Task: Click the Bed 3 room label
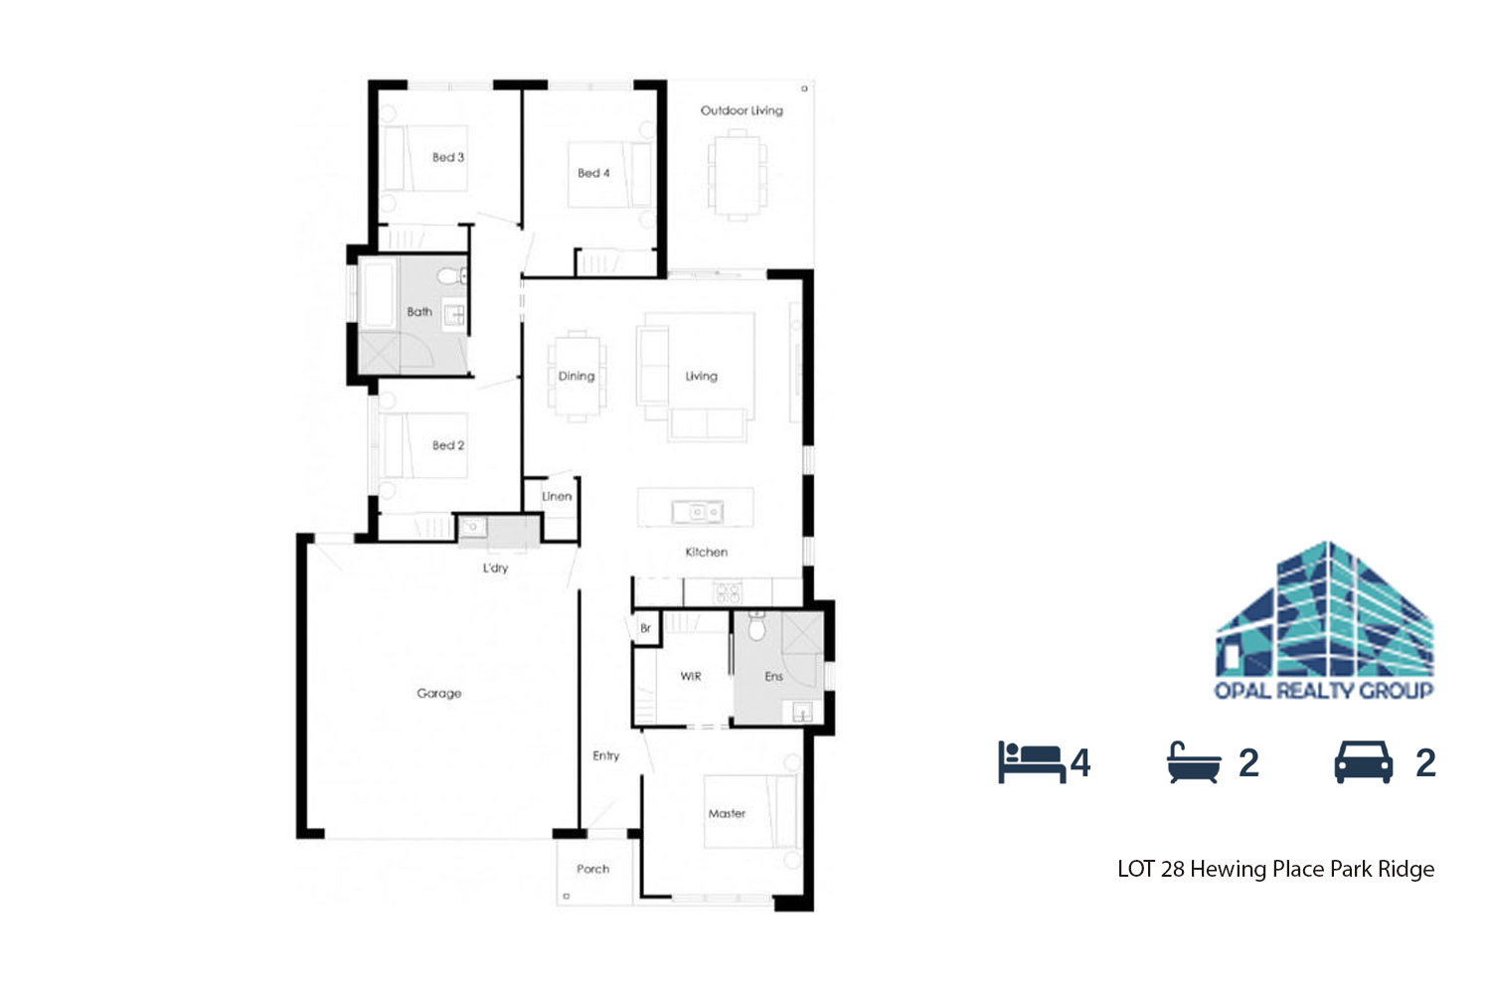[x=448, y=158]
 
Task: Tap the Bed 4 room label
[x=593, y=173]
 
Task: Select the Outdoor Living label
[x=742, y=110]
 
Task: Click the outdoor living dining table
[x=737, y=175]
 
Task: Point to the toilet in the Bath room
[x=452, y=275]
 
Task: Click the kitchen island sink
[x=697, y=512]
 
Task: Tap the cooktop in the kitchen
[x=727, y=591]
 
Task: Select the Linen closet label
[x=557, y=497]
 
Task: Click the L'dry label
[x=495, y=568]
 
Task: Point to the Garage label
[x=438, y=693]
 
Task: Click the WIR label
[x=690, y=677]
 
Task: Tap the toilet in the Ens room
[x=756, y=626]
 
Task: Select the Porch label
[x=592, y=869]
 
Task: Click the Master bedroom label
[x=727, y=813]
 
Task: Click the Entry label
[x=605, y=755]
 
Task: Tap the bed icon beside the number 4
[x=1032, y=762]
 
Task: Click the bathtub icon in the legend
[x=1194, y=762]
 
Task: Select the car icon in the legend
[x=1363, y=762]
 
